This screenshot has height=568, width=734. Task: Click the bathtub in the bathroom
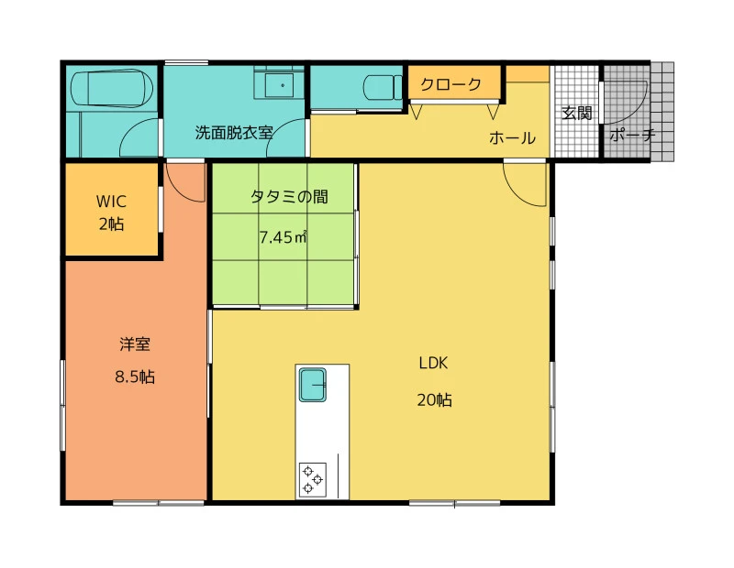point(111,88)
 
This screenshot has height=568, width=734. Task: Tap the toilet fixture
point(383,87)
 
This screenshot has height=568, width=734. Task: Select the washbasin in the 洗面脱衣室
point(280,85)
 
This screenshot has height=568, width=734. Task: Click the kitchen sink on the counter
point(313,385)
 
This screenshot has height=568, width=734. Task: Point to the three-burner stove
point(313,480)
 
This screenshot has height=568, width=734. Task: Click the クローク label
point(450,84)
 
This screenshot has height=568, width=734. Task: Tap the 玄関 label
point(577,113)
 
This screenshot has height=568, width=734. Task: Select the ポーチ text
point(632,135)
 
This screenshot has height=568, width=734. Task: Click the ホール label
point(512,138)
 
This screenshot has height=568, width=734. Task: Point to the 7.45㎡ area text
point(284,237)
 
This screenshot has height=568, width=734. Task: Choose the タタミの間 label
point(289,197)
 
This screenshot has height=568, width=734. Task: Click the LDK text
point(433,363)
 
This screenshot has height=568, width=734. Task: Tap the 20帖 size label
point(434,400)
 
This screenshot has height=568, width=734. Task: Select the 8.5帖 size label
point(135,377)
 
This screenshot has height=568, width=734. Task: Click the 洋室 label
point(135,344)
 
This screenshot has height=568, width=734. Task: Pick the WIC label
point(111,202)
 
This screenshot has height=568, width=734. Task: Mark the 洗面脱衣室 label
point(234,133)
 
